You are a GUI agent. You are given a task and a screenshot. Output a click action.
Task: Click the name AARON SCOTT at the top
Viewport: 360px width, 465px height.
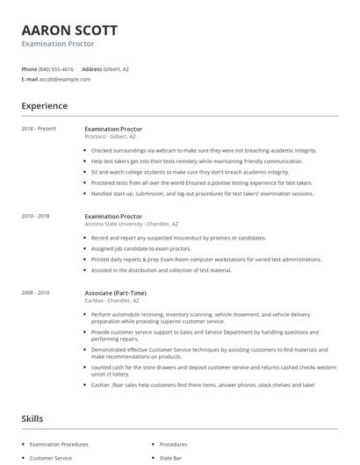69,30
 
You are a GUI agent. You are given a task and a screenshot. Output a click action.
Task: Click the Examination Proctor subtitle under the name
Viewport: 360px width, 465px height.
58,43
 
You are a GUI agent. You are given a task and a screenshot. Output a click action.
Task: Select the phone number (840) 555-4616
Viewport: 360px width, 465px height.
57,68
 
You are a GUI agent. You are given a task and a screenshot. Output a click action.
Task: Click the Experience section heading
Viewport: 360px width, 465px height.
44,106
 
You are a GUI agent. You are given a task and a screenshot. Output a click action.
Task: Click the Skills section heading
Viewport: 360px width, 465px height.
32,418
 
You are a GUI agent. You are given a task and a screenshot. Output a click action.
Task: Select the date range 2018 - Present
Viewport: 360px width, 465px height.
39,129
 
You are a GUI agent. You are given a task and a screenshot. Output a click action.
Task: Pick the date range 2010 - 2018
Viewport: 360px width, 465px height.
36,215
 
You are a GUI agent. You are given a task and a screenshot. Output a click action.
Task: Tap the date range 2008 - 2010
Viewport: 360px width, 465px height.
36,292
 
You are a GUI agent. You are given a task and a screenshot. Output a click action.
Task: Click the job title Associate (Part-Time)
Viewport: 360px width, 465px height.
115,292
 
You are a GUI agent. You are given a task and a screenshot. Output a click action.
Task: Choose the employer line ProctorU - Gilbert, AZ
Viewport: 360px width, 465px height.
110,137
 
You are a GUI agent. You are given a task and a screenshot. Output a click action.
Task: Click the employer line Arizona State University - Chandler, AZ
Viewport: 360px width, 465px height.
131,223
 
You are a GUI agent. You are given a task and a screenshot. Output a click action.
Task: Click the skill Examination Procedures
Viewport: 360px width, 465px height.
60,444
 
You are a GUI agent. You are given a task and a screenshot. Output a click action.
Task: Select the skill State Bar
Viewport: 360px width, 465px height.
171,458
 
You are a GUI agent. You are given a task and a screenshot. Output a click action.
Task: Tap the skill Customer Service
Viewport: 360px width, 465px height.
51,458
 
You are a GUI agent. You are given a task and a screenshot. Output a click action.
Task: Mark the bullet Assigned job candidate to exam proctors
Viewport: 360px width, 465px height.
140,248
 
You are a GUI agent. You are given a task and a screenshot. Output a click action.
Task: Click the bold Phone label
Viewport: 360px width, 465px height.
29,68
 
